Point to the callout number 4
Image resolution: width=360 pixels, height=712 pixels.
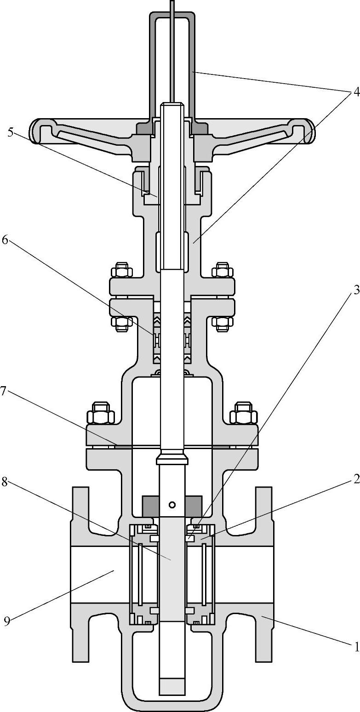coord(356,92)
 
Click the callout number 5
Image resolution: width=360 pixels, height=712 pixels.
coord(11,132)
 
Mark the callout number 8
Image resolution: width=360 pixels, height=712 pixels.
coord(4,482)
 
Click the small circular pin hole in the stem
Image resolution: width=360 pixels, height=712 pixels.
coord(172,504)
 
